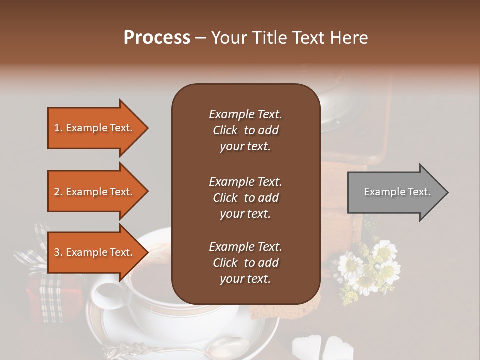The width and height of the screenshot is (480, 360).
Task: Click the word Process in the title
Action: pos(157,38)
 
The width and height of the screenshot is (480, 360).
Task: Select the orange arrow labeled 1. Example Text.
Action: pos(95,128)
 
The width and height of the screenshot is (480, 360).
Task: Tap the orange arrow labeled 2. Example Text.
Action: pos(95,192)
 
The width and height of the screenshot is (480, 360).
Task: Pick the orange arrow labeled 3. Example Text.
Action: pos(95,252)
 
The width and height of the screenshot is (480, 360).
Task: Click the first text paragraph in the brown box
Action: pos(245,130)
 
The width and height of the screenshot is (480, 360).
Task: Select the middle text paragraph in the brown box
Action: pos(245,197)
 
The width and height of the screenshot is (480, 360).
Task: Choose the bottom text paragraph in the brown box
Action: pos(245,263)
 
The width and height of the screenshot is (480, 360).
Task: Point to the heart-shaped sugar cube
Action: pos(337,348)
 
